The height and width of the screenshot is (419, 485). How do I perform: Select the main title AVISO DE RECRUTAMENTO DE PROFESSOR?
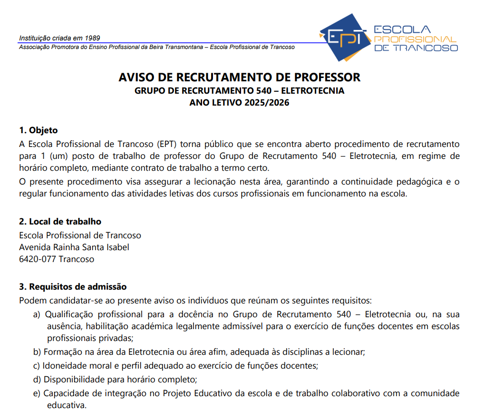pyautogui.click(x=240, y=77)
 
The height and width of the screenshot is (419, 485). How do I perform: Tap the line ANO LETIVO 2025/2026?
pyautogui.click(x=239, y=102)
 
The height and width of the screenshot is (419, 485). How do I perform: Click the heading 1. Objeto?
pyautogui.click(x=38, y=130)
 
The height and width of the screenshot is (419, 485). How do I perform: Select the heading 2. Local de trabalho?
pyautogui.click(x=60, y=222)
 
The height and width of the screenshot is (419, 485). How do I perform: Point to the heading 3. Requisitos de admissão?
pyautogui.click(x=73, y=287)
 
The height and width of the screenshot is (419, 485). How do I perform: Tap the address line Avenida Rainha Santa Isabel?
pyautogui.click(x=74, y=247)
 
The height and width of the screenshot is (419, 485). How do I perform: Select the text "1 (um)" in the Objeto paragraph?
pyautogui.click(x=51, y=156)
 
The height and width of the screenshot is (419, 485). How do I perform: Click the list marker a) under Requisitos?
pyautogui.click(x=37, y=314)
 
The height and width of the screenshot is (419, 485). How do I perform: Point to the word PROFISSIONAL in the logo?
pyautogui.click(x=415, y=39)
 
